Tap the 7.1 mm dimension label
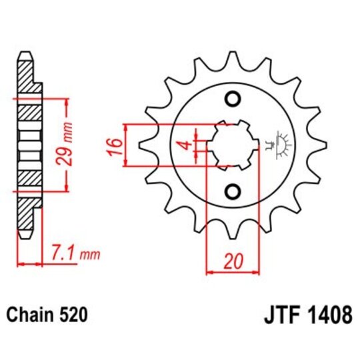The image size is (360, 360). pyautogui.click(x=75, y=254)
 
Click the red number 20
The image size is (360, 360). pyautogui.click(x=232, y=261)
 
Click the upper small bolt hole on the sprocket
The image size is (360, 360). pyautogui.click(x=233, y=100)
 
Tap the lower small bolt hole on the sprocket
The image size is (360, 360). pyautogui.click(x=233, y=192)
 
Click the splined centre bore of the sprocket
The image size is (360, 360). pyautogui.click(x=233, y=145)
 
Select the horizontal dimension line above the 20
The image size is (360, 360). pyautogui.click(x=232, y=271)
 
